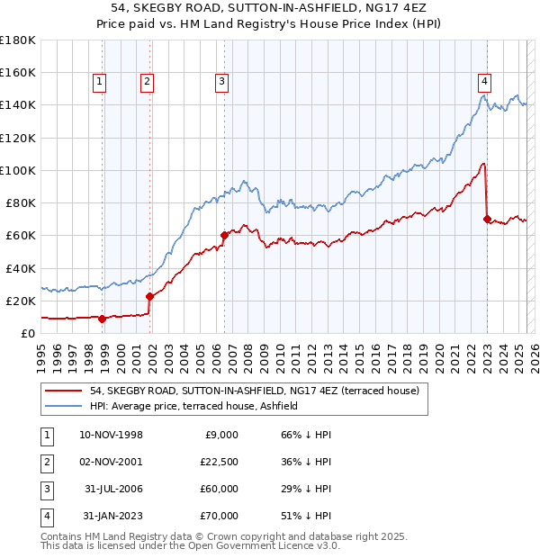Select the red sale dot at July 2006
click(224, 235)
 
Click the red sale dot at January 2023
click(487, 219)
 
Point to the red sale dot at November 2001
click(149, 296)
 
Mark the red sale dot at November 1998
click(103, 318)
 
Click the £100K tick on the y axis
click(17, 170)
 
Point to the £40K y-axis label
click(21, 268)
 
